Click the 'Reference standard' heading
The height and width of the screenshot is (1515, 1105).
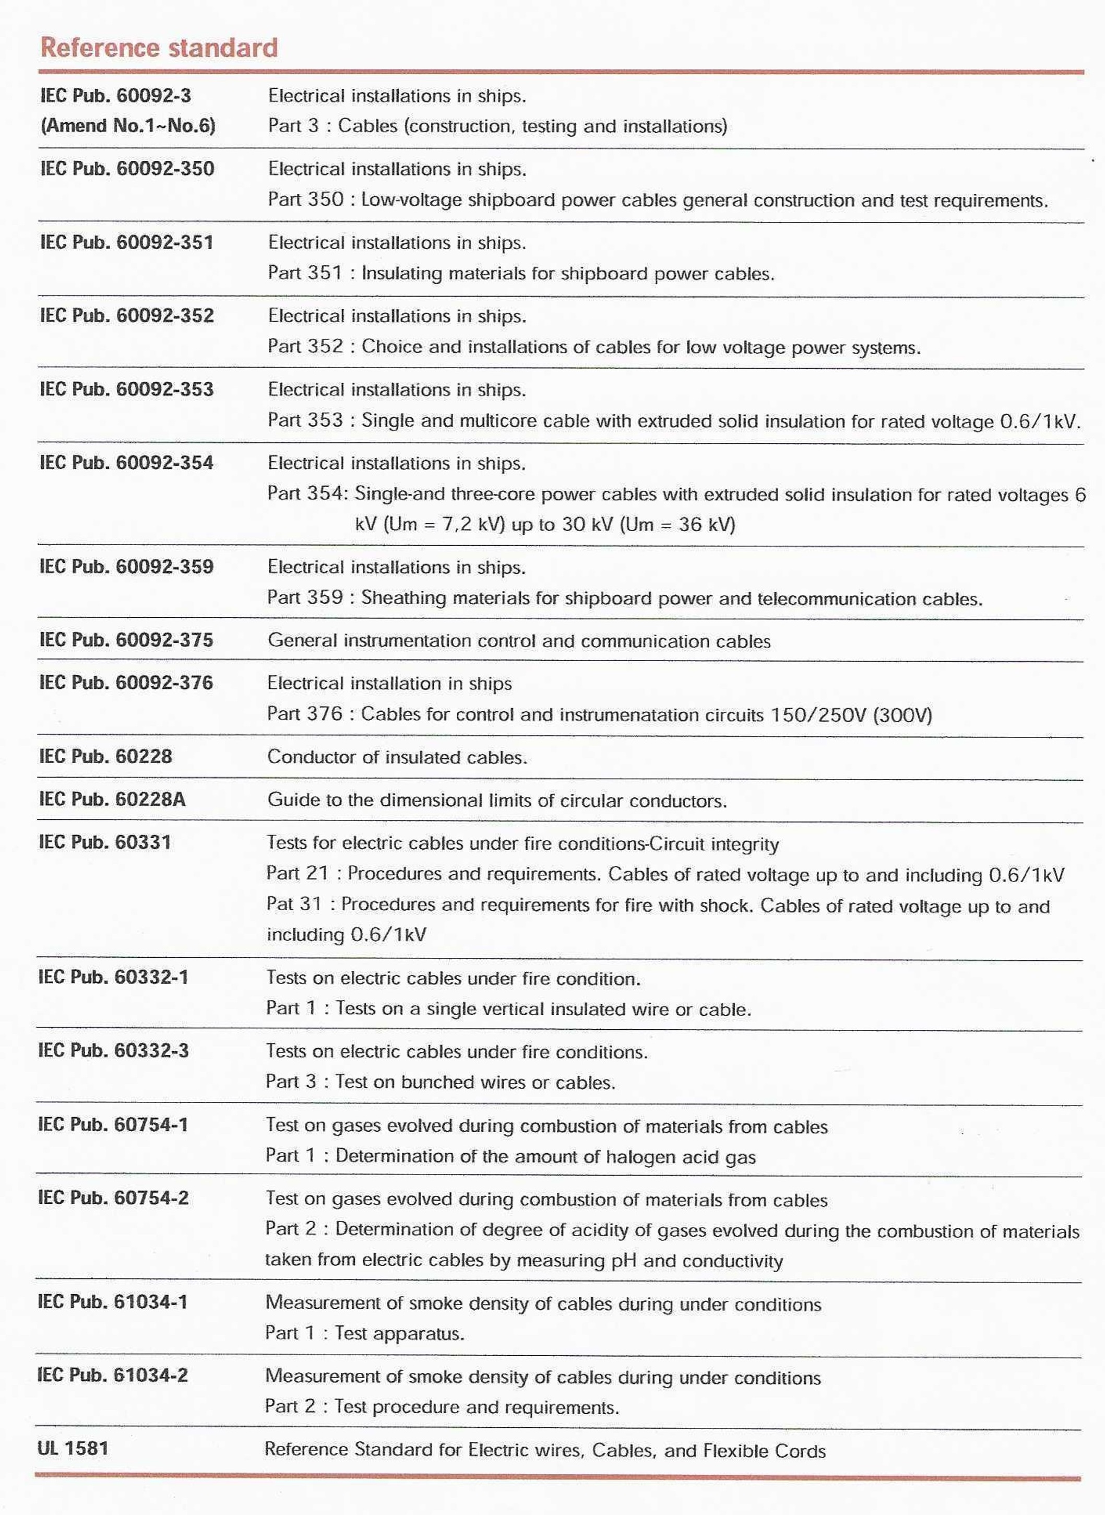[x=159, y=48]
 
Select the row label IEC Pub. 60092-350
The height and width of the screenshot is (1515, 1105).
[x=127, y=169]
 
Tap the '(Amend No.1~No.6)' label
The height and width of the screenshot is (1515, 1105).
[x=128, y=126]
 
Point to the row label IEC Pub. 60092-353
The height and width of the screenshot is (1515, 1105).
[x=127, y=390]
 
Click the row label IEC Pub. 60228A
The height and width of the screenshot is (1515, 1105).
[x=112, y=799]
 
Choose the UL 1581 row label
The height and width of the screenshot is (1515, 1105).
[x=73, y=1448]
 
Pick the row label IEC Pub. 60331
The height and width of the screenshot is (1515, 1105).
[x=105, y=842]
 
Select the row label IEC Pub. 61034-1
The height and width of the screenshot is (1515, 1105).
[x=113, y=1301]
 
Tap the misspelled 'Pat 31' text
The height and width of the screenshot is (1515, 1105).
[x=294, y=904]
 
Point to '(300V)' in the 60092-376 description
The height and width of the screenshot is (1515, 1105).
[x=902, y=714]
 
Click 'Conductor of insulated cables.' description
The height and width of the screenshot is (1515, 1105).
[x=397, y=757]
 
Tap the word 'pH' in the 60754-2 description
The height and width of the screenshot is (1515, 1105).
[x=624, y=1261]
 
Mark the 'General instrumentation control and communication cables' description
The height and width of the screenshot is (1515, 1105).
[x=519, y=641]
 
